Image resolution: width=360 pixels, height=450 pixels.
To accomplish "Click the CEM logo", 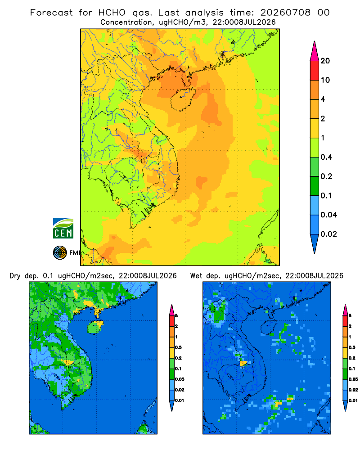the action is click(x=63, y=228).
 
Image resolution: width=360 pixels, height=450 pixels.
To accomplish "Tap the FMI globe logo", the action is click(x=60, y=252).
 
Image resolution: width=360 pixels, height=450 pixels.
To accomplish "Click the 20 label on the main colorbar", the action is click(x=325, y=61).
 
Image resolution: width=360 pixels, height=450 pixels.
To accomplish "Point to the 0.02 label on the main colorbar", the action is click(x=328, y=234).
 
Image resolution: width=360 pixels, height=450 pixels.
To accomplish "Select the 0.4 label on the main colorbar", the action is click(x=326, y=157).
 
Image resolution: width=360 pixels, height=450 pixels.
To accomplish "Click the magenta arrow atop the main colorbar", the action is click(x=315, y=51).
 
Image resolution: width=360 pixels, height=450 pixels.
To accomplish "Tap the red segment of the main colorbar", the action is click(x=315, y=71).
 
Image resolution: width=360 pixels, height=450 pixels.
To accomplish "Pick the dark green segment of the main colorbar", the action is click(x=315, y=186).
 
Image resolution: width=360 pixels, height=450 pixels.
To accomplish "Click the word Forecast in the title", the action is click(x=51, y=13).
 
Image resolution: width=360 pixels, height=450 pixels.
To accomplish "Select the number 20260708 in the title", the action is click(x=285, y=13).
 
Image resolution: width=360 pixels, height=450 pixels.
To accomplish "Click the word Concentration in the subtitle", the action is click(x=126, y=22).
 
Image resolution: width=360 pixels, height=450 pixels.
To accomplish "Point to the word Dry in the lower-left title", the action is click(x=15, y=276).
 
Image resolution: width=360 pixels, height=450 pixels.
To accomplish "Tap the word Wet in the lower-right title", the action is click(x=196, y=276).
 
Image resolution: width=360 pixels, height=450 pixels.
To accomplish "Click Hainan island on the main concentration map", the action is click(x=183, y=99).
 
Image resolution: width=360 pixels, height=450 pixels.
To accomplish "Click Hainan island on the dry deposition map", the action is click(x=95, y=327).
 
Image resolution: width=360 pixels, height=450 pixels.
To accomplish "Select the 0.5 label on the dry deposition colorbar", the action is click(x=178, y=347).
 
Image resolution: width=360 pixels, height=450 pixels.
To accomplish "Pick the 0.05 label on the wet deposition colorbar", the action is click(x=353, y=379).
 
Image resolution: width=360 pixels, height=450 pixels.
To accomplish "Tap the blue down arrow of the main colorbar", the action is click(x=315, y=243).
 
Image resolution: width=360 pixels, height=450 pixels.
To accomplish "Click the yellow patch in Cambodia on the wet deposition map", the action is click(x=243, y=364).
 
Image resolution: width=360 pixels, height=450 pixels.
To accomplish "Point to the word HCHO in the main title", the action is click(x=112, y=13).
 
